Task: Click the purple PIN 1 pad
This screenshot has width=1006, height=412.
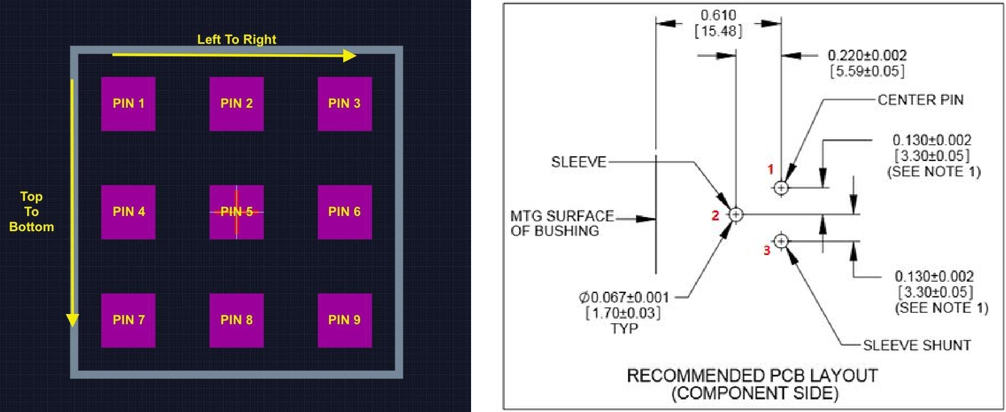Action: pos(128,103)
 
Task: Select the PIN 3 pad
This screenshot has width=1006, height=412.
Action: pos(344,103)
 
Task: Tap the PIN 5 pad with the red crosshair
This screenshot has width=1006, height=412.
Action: pos(237,212)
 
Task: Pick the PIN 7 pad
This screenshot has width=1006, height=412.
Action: pos(128,320)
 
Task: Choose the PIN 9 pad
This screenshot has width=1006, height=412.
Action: pos(344,320)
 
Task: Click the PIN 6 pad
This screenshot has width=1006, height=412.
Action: pos(344,212)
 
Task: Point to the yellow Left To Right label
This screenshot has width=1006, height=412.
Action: pos(237,40)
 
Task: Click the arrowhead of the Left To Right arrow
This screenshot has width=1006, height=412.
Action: pos(350,55)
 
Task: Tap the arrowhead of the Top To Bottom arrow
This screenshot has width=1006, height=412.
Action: pos(72,321)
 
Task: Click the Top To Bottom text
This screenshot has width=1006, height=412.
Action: pos(31,212)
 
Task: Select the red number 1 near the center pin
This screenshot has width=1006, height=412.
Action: pos(770,169)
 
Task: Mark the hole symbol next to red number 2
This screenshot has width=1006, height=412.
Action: pos(735,214)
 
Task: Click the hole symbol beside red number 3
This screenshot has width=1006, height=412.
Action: pos(781,241)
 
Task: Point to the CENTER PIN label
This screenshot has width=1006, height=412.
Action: pos(920,100)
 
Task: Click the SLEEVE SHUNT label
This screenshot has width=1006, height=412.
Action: pos(917,345)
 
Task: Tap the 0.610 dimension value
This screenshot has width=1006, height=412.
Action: pos(718,15)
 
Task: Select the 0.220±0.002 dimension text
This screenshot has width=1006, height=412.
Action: pos(867,55)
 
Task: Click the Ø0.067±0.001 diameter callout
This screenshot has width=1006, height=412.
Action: pos(624,297)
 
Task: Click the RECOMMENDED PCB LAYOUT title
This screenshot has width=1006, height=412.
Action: pos(752,375)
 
